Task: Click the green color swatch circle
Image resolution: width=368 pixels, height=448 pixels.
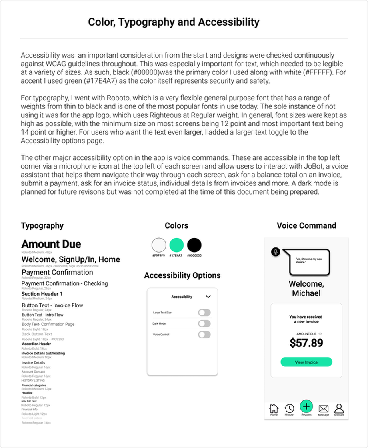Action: click(x=176, y=245)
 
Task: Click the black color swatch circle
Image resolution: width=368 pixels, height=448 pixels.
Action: click(x=194, y=245)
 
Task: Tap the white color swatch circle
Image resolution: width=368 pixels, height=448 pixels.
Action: click(x=159, y=245)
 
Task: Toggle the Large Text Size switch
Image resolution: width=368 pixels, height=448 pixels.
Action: click(x=204, y=313)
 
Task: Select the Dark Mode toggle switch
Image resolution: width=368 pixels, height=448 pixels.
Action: click(x=204, y=323)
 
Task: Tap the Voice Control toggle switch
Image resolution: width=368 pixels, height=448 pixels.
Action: click(x=204, y=334)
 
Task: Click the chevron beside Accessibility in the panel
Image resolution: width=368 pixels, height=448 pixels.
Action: click(x=208, y=297)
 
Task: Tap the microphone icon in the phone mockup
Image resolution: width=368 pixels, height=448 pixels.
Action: click(x=276, y=252)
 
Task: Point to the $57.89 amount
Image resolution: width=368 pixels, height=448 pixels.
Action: click(x=306, y=343)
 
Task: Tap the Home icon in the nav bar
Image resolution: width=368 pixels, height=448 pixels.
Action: click(x=274, y=408)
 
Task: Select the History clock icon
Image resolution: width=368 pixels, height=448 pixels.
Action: click(x=289, y=408)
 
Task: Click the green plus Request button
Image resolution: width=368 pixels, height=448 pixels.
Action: click(x=306, y=406)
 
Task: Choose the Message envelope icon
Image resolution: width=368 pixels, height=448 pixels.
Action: click(x=323, y=408)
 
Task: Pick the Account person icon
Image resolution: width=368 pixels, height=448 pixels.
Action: click(x=339, y=408)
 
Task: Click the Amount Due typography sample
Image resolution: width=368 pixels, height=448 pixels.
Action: click(x=51, y=244)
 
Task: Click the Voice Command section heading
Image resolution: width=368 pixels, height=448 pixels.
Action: click(x=306, y=225)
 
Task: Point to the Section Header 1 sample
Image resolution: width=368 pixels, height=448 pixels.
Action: click(x=42, y=294)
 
